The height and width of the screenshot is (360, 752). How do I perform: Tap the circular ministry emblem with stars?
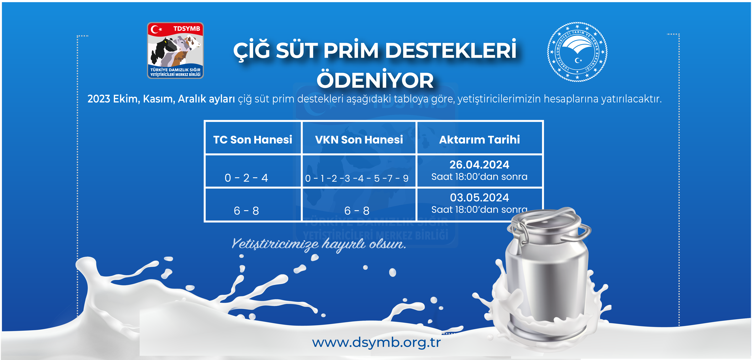pos(577,52)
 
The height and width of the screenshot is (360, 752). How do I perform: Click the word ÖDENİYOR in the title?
pos(375,80)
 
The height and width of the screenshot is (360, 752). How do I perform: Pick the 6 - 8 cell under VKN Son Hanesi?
pos(357,211)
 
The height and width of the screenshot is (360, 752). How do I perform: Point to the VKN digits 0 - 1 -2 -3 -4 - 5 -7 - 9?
pos(357,178)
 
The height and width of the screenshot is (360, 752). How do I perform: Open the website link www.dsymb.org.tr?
pos(377,342)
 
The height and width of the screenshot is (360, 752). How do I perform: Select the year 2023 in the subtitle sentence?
pos(99,99)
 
